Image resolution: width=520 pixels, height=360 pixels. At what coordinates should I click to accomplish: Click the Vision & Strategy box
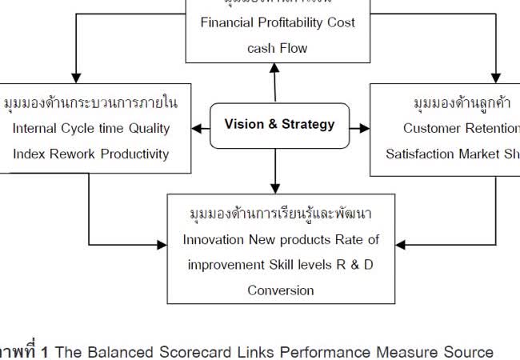280,125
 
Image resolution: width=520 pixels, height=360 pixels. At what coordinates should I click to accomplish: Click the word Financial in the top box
228,23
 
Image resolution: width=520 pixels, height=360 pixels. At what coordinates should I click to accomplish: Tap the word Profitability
290,23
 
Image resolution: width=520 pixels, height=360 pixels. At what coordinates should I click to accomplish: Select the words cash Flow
277,48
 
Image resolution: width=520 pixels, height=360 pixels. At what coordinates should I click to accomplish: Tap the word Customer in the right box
431,128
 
